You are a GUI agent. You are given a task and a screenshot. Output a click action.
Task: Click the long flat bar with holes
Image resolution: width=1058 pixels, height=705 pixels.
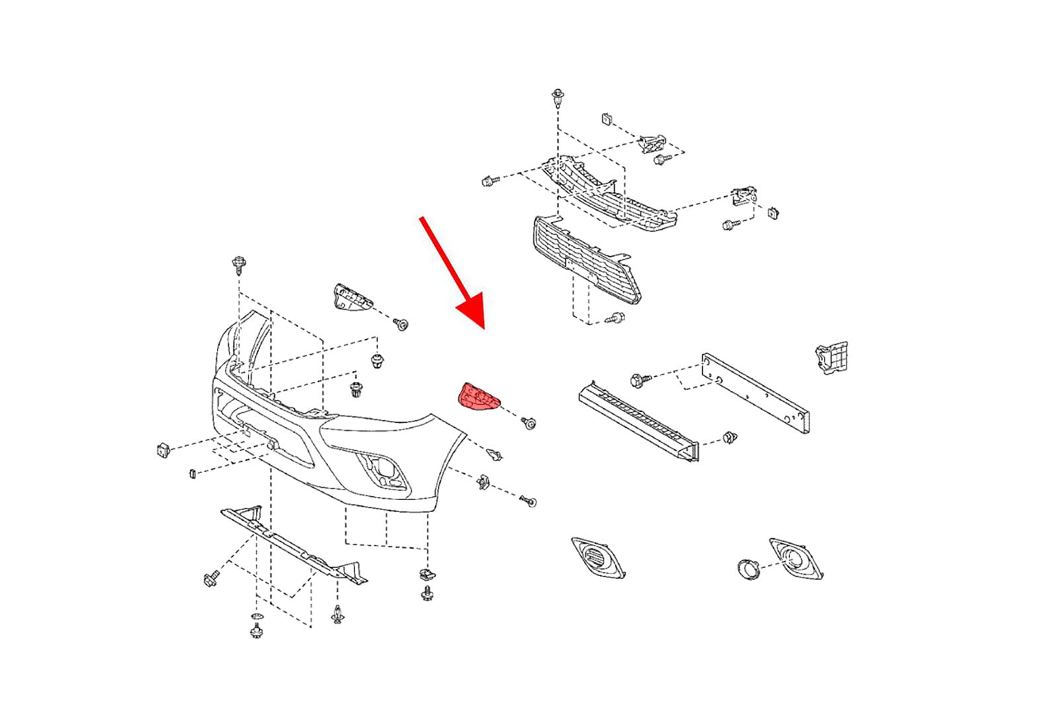[x=756, y=390]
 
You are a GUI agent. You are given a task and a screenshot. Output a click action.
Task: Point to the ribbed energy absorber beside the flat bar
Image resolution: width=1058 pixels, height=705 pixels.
[x=637, y=420]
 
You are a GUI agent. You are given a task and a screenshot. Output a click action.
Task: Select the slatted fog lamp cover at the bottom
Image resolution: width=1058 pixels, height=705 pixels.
[x=598, y=558]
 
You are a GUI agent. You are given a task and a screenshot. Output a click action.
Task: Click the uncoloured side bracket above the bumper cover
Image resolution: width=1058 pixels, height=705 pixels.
[x=349, y=298]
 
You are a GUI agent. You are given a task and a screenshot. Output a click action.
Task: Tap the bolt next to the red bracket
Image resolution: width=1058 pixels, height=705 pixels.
[x=529, y=423]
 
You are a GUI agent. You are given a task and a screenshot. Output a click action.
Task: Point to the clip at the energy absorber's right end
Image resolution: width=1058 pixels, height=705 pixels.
[x=730, y=437]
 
